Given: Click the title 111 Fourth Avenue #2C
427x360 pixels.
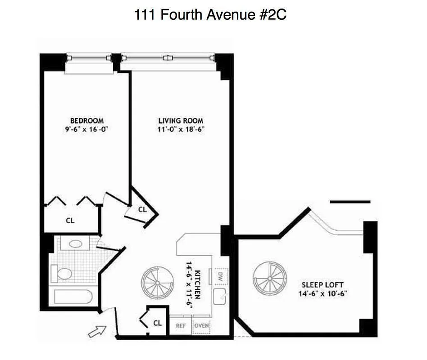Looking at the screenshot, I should [210, 15].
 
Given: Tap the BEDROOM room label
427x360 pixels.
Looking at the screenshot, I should [87, 121].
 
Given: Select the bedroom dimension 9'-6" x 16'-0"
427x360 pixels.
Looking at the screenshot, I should [87, 129].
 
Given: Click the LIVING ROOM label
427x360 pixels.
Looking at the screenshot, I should [181, 121].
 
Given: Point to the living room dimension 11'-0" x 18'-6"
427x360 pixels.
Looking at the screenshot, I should [181, 129].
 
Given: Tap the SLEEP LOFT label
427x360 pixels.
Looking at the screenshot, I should [322, 285].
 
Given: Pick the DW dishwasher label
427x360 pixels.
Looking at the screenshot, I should [221, 275].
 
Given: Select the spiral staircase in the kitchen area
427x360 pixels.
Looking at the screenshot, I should [158, 282].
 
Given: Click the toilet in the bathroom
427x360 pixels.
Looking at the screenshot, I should [63, 273].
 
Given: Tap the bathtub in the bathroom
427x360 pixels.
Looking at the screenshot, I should [73, 297].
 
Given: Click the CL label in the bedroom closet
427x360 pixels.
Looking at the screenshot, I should [70, 220].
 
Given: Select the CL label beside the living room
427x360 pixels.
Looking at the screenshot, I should [142, 209].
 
